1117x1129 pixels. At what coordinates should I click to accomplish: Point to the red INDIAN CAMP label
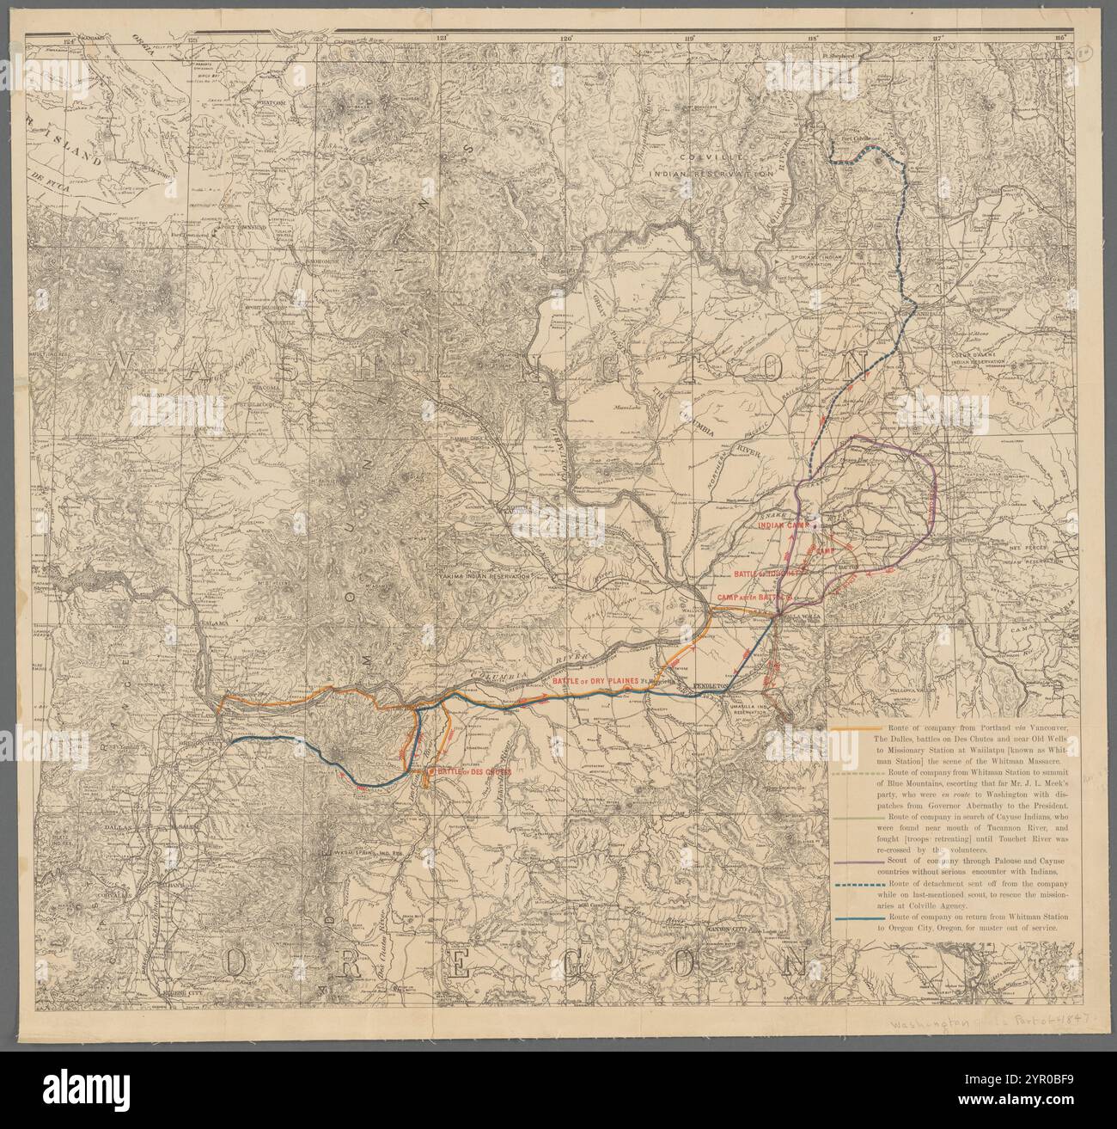point(783,521)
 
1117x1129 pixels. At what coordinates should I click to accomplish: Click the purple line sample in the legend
point(854,860)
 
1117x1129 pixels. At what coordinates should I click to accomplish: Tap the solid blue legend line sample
point(854,918)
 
